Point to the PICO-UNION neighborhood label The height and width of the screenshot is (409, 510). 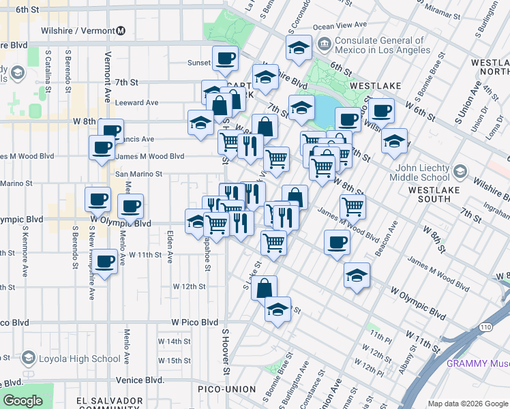(226, 389)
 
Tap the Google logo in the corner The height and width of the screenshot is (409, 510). (22, 401)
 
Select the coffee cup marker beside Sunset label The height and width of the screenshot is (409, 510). (225, 59)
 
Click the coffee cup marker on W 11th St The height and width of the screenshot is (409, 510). (104, 262)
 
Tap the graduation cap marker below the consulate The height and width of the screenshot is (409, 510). (301, 108)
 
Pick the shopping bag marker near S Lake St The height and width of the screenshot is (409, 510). (264, 288)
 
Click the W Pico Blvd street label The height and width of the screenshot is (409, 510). (194, 322)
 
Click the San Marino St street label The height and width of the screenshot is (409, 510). (138, 174)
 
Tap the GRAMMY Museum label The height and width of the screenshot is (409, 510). (477, 363)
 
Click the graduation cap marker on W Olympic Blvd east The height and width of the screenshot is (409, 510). (357, 275)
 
